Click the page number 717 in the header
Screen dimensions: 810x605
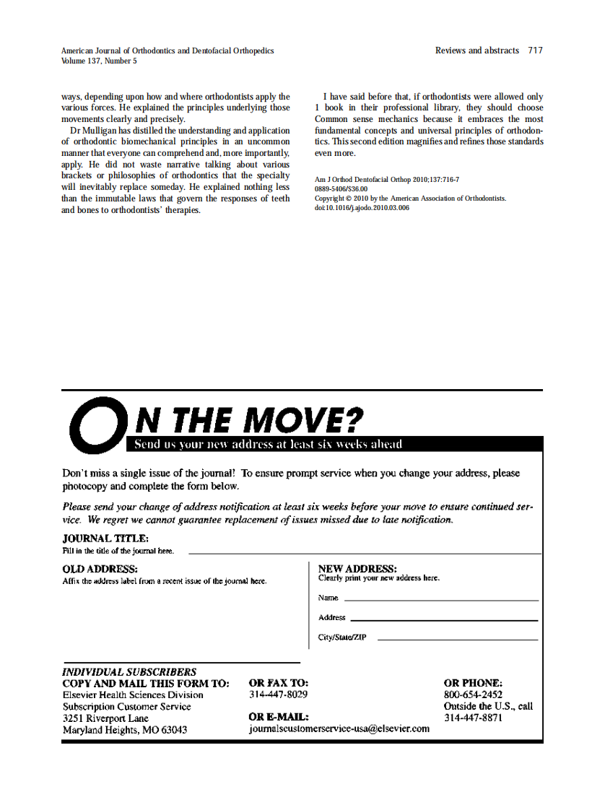tap(535, 51)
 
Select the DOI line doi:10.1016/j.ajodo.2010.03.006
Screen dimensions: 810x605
tap(362, 208)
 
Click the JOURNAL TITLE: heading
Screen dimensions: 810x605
tap(105, 539)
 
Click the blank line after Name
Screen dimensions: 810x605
tap(441, 599)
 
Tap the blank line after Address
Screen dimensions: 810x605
tap(444, 619)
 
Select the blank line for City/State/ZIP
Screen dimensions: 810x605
tap(458, 639)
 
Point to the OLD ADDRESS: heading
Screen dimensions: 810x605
tap(100, 570)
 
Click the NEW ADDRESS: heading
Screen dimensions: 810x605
tap(357, 569)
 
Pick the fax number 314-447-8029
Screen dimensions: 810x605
tap(278, 694)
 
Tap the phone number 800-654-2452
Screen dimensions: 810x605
tap(473, 694)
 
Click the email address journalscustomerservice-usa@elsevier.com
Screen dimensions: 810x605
tap(339, 728)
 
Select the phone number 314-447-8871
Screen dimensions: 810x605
tap(473, 718)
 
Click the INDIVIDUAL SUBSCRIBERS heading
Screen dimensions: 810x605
tap(129, 672)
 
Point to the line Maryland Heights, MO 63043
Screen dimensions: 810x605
tap(125, 730)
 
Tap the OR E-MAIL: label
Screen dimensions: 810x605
tap(279, 717)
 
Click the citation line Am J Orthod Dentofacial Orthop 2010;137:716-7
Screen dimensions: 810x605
tap(387, 179)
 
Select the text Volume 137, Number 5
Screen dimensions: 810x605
tap(99, 61)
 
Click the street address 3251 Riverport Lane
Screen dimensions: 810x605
tap(105, 718)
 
